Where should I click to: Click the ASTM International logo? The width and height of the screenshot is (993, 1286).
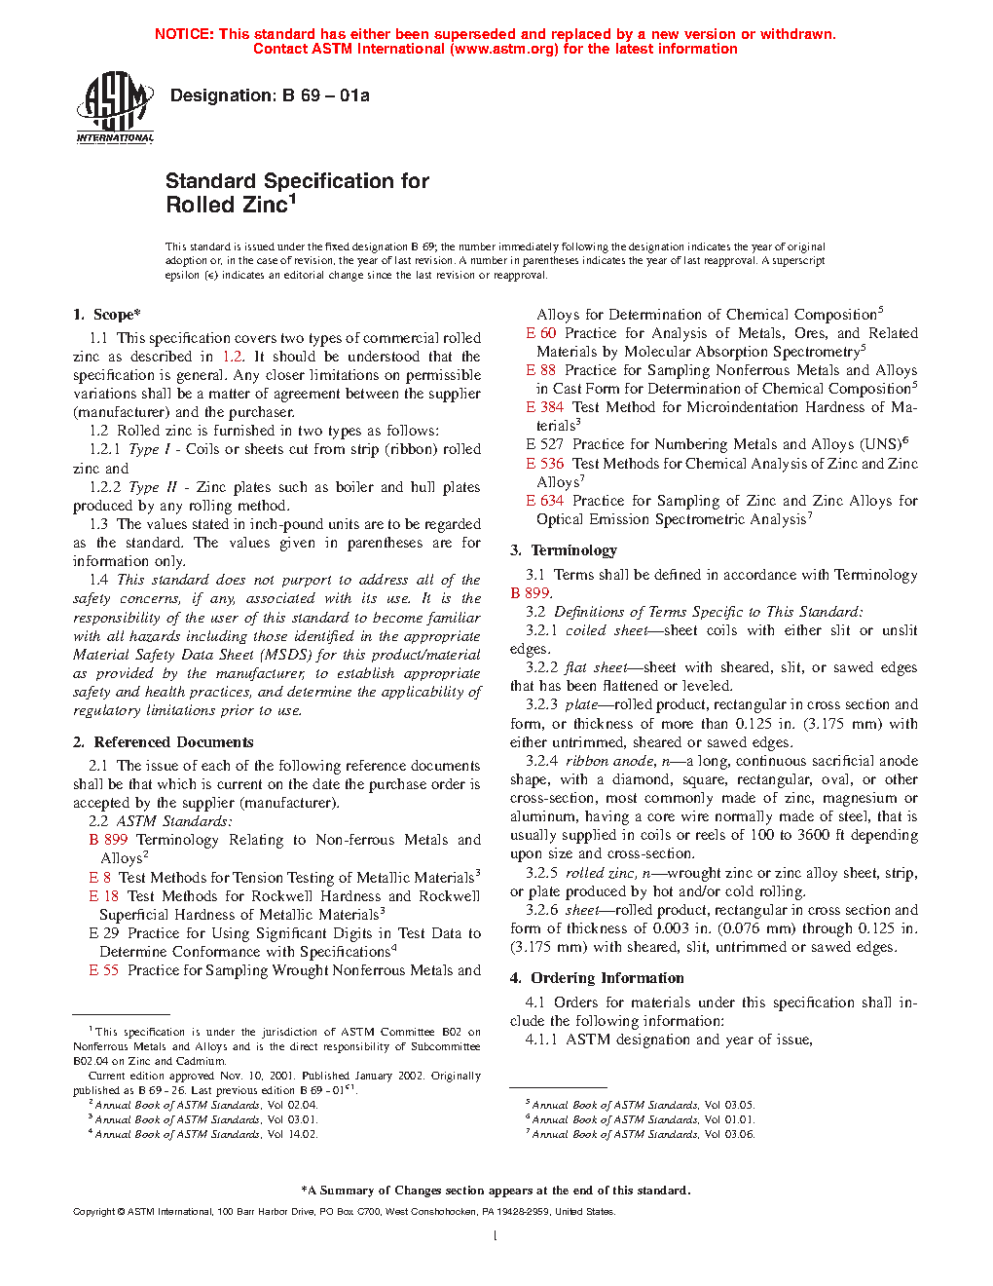tap(115, 108)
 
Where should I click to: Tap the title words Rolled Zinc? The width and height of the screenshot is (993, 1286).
tap(227, 205)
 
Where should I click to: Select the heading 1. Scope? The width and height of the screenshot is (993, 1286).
tap(107, 315)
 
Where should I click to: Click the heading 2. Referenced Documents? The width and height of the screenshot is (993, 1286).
tap(164, 742)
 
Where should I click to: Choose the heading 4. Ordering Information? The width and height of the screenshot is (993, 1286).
tap(597, 978)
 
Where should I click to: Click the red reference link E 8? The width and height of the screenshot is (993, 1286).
tap(100, 878)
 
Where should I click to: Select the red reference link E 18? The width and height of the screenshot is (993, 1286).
tap(104, 896)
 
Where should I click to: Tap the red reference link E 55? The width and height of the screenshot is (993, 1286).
tap(104, 970)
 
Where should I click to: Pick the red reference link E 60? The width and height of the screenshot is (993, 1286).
tap(541, 333)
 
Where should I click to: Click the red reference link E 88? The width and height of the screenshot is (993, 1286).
tap(541, 370)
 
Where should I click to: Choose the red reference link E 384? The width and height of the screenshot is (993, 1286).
tap(545, 407)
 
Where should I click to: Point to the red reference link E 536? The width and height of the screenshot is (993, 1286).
tap(545, 464)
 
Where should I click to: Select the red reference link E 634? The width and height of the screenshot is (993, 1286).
tap(545, 501)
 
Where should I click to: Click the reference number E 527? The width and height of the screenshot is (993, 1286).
tap(545, 444)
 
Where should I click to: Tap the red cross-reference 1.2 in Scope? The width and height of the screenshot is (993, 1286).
tap(233, 357)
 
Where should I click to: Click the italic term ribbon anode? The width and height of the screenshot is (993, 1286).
tap(602, 761)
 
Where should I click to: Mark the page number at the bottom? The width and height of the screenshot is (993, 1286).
tap(496, 1236)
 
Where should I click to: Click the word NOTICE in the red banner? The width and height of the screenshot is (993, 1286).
tap(184, 34)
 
